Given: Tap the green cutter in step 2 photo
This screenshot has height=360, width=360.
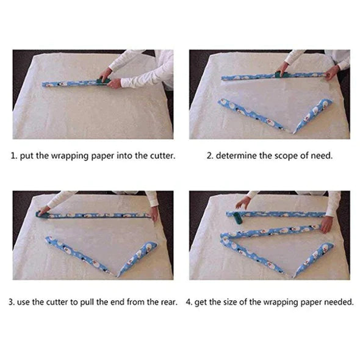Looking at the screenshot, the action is [280, 74].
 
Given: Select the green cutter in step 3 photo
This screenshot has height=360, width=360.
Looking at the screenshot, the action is [43, 215].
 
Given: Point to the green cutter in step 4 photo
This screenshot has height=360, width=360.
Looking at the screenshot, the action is [237, 218].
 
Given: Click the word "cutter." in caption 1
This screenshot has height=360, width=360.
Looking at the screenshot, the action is [163, 156].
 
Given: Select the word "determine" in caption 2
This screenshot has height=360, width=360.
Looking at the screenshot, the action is [236, 156].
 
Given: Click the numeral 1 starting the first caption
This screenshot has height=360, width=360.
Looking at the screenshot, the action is [13, 156].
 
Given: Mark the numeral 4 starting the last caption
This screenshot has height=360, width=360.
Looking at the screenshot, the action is [189, 302].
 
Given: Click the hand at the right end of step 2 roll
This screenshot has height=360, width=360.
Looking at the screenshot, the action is [332, 73].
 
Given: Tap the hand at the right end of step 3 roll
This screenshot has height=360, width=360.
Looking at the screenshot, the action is [154, 214].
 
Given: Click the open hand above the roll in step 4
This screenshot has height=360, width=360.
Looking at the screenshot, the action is [243, 202].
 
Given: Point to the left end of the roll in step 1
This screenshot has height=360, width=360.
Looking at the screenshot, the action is [43, 85].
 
